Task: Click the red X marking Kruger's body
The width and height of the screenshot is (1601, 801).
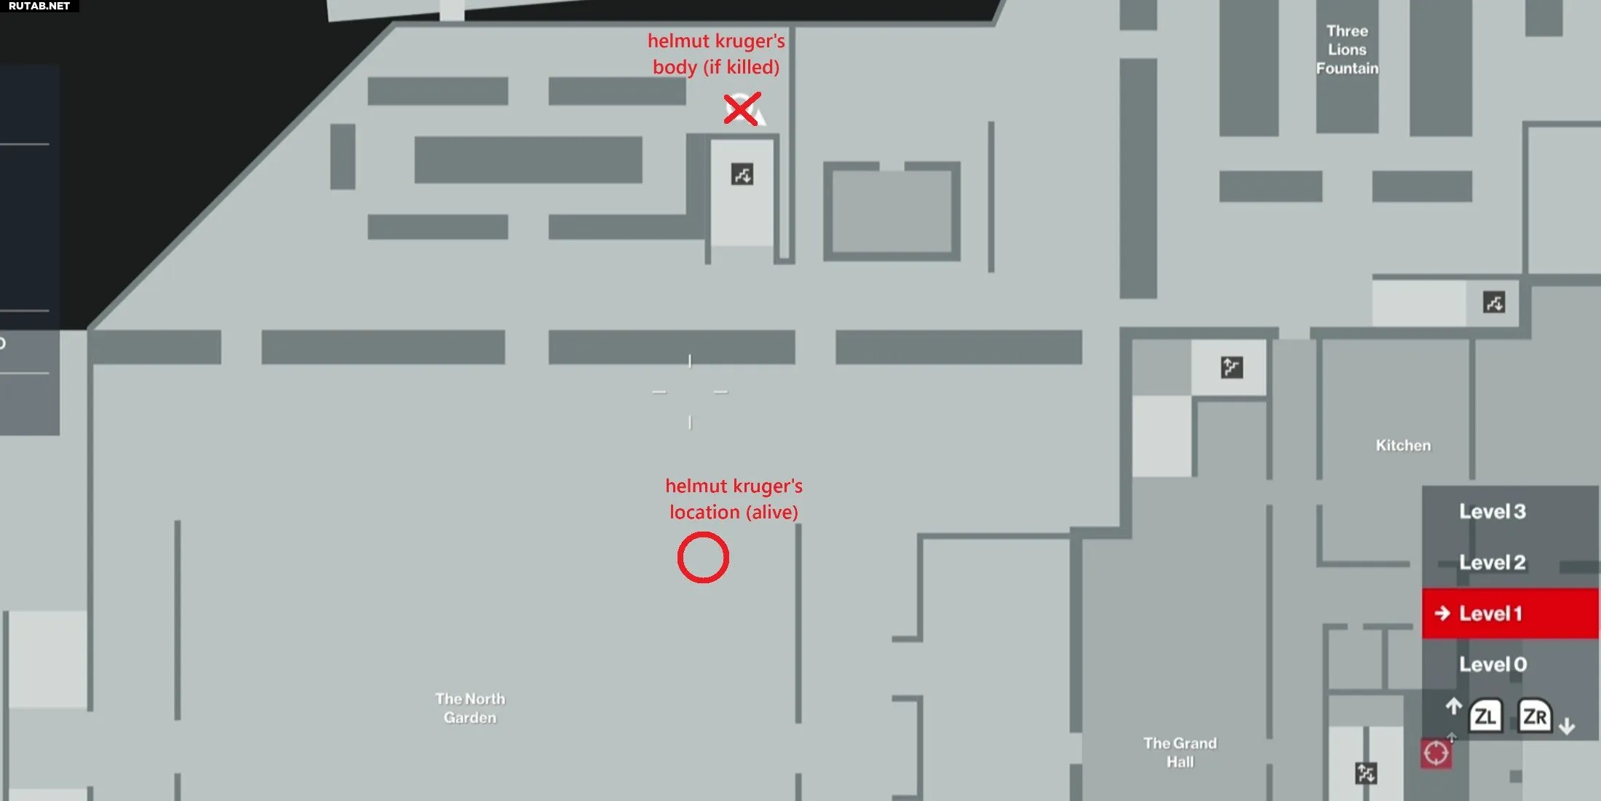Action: (742, 108)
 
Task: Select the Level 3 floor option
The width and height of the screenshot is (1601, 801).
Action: (1492, 511)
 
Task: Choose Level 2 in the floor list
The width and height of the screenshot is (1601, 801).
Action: (1492, 562)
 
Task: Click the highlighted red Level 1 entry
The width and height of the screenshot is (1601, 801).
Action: (1510, 613)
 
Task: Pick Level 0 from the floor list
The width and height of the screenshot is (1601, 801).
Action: (1493, 664)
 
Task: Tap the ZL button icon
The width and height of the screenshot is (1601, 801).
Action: (1485, 717)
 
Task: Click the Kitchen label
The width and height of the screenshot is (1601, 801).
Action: (1403, 445)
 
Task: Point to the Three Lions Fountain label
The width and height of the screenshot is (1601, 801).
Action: (1347, 50)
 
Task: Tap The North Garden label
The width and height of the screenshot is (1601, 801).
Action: (470, 708)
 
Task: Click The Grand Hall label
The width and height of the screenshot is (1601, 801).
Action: (1180, 752)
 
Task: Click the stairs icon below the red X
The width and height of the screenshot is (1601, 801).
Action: (742, 174)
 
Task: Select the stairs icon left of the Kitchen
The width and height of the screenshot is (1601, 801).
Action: (1231, 367)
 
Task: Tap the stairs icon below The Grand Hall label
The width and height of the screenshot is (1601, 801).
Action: (1366, 773)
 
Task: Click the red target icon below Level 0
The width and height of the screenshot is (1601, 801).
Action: (1436, 754)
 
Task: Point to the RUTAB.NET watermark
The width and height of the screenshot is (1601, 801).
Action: (39, 6)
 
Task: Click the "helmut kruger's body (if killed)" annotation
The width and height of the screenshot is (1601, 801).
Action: (716, 54)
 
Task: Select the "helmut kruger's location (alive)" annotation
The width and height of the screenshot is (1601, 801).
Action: (734, 499)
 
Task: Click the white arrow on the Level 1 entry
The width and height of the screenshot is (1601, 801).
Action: (1442, 613)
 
